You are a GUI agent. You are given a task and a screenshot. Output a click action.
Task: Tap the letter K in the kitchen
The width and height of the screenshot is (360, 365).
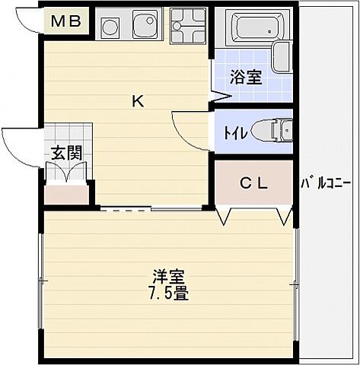(x=138, y=100)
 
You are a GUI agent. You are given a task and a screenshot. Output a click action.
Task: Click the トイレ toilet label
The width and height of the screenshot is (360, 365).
(x=233, y=132)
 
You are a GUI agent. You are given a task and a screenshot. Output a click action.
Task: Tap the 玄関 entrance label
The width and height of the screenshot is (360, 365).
(x=67, y=152)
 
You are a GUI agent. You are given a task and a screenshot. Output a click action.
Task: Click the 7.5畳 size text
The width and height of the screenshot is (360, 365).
(x=168, y=293)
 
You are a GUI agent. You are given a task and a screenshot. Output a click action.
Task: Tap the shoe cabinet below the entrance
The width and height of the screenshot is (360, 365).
(x=65, y=195)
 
